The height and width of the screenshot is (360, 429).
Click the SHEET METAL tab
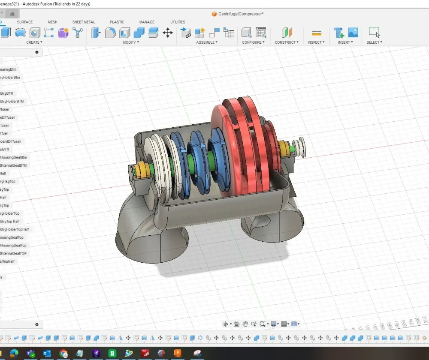coord(84,22)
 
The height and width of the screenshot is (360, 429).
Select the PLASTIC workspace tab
coord(117,22)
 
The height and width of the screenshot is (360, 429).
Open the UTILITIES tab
coord(178,22)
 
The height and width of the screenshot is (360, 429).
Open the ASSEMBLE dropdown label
coord(206,42)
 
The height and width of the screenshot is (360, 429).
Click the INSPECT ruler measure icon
coord(317,33)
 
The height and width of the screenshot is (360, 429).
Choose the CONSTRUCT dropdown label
coord(287,42)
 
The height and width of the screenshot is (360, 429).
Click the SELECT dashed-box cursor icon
coord(374,33)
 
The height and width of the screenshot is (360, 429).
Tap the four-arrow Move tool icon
coord(168,33)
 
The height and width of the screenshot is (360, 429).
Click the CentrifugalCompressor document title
coord(241,14)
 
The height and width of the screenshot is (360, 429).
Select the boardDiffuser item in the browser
coord(11,141)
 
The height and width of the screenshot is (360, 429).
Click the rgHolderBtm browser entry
coord(11,78)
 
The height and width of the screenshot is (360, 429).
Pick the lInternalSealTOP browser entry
coord(14,253)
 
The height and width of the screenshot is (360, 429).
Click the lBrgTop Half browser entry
coord(10,221)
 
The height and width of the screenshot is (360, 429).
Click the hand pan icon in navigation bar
coord(245,324)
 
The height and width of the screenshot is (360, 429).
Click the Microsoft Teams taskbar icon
coord(30,354)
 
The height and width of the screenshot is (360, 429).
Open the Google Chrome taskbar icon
coord(63,354)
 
